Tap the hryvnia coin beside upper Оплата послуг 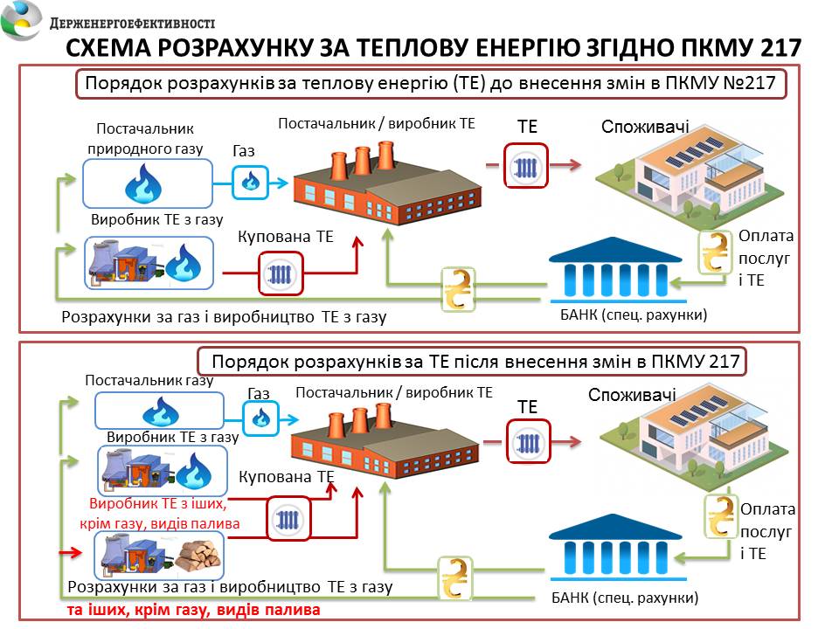point(717,252)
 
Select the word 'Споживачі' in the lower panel point(632,395)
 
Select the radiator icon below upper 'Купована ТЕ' point(281,273)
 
